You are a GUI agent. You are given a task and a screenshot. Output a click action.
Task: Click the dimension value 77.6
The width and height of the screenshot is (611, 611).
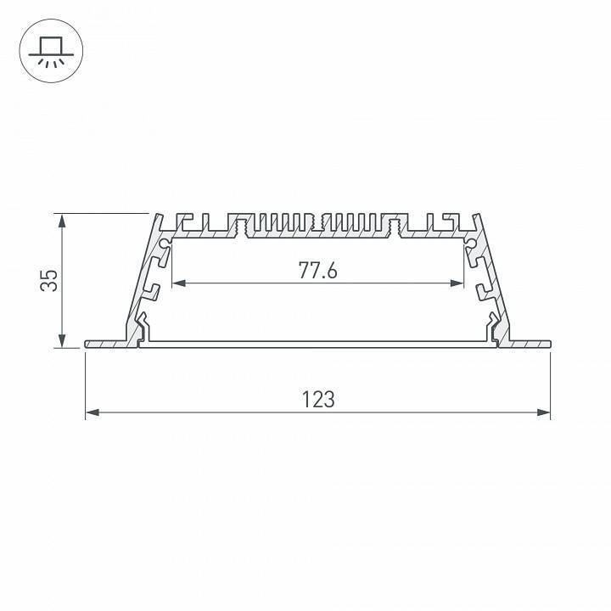click(x=317, y=271)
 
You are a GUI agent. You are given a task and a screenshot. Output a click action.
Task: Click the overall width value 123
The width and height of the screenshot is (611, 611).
click(x=317, y=399)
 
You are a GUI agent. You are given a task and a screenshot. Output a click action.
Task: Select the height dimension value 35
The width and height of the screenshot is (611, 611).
click(x=51, y=280)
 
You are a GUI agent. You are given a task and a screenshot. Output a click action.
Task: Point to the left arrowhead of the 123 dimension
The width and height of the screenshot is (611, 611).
click(x=91, y=413)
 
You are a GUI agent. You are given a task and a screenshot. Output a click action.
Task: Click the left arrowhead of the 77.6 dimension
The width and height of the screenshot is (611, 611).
click(x=177, y=283)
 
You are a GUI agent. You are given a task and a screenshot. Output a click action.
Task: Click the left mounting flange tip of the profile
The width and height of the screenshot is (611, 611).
click(x=88, y=344)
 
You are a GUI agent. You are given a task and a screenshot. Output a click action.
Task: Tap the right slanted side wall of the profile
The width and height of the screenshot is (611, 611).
click(x=492, y=280)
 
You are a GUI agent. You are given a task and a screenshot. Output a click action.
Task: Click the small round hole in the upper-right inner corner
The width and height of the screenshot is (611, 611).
click(x=471, y=244)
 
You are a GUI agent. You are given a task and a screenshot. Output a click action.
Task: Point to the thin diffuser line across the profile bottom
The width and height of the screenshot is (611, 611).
click(x=317, y=343)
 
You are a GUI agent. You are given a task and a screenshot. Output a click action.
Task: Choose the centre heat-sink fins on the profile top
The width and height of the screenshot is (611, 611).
click(x=317, y=222)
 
